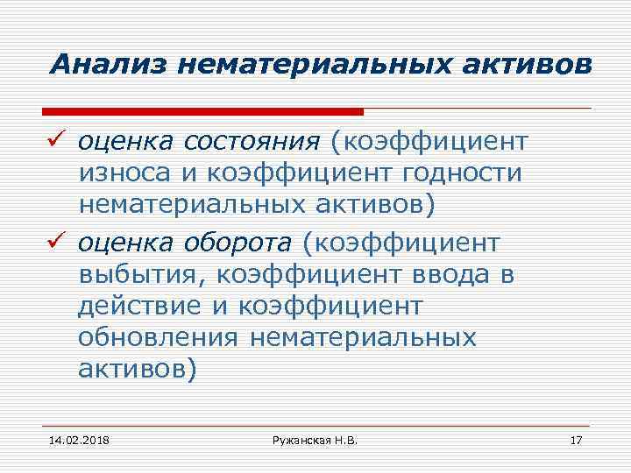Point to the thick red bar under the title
coord(202,111)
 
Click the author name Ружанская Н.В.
coord(315,437)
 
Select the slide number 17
coord(576,437)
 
